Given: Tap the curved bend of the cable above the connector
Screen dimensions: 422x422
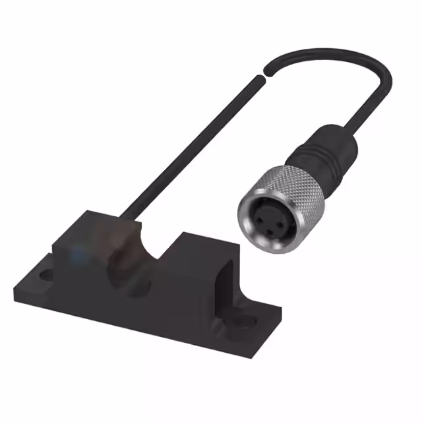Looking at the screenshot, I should point(376,73).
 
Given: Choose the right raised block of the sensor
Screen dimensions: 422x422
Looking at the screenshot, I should point(198,264).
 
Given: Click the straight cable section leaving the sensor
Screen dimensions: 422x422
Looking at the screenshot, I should point(191,145).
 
